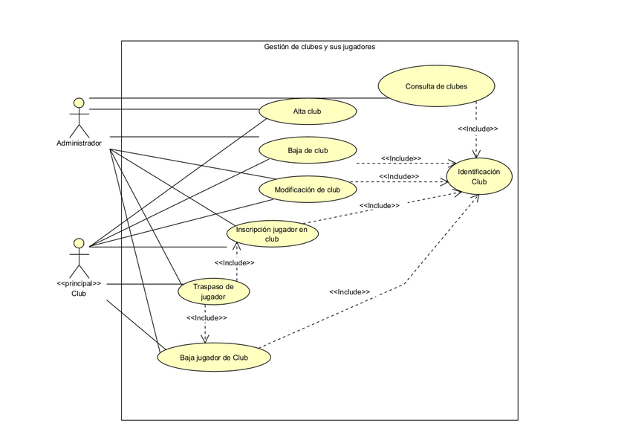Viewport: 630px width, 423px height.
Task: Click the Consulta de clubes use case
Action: tap(436, 86)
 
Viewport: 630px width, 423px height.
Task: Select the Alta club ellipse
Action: tap(308, 112)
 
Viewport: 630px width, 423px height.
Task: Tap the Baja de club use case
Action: tap(308, 151)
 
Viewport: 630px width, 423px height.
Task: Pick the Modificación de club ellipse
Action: tap(308, 190)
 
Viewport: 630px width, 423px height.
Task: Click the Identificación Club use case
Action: tap(478, 176)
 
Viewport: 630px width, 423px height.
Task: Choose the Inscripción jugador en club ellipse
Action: tap(272, 234)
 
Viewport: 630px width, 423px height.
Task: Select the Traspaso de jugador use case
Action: tap(213, 291)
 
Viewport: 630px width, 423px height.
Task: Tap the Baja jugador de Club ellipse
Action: tap(213, 358)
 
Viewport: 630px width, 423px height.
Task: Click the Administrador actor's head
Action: tap(78, 101)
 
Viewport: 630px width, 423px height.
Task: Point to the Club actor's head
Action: tap(78, 243)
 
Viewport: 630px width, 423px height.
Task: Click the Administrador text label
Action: tap(79, 143)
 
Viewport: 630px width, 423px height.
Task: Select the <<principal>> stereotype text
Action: tap(79, 283)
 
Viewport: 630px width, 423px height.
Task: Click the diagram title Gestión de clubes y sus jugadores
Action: tap(319, 47)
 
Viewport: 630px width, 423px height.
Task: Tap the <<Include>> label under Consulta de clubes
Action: tap(478, 129)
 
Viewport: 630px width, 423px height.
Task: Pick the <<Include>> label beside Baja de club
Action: tap(401, 158)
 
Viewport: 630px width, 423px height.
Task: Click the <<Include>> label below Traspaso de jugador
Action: tap(206, 317)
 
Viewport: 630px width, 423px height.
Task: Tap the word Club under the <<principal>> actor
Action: tap(79, 293)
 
